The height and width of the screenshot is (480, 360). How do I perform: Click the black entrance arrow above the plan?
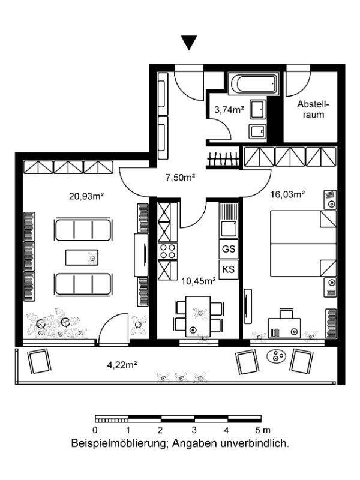tap(189, 43)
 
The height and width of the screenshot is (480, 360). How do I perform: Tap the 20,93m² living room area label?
tap(86, 196)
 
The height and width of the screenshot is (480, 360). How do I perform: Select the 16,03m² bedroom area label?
tap(287, 194)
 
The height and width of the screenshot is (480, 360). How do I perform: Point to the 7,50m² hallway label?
tap(181, 177)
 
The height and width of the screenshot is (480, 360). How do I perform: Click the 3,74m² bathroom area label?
tap(229, 109)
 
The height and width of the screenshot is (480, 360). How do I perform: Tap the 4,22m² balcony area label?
tap(122, 365)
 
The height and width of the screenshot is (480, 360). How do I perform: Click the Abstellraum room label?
tap(313, 109)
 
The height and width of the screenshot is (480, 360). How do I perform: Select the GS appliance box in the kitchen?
tap(229, 249)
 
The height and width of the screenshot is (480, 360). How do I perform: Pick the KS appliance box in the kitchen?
tap(229, 269)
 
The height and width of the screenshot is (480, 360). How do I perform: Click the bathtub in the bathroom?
tap(253, 83)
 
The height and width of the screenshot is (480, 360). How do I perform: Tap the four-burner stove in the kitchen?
tap(168, 251)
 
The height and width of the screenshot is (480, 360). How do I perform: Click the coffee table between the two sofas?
tap(82, 257)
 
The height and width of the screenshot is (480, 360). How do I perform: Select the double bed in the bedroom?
tap(304, 244)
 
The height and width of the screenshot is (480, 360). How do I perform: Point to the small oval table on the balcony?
tap(277, 356)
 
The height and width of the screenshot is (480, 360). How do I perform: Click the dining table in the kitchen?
tap(198, 316)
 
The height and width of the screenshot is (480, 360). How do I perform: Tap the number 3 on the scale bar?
tap(194, 430)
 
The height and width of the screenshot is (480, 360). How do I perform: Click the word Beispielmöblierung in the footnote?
tap(119, 443)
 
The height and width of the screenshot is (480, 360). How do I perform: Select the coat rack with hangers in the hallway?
tap(223, 160)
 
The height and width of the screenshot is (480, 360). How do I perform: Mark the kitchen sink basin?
tap(229, 229)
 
